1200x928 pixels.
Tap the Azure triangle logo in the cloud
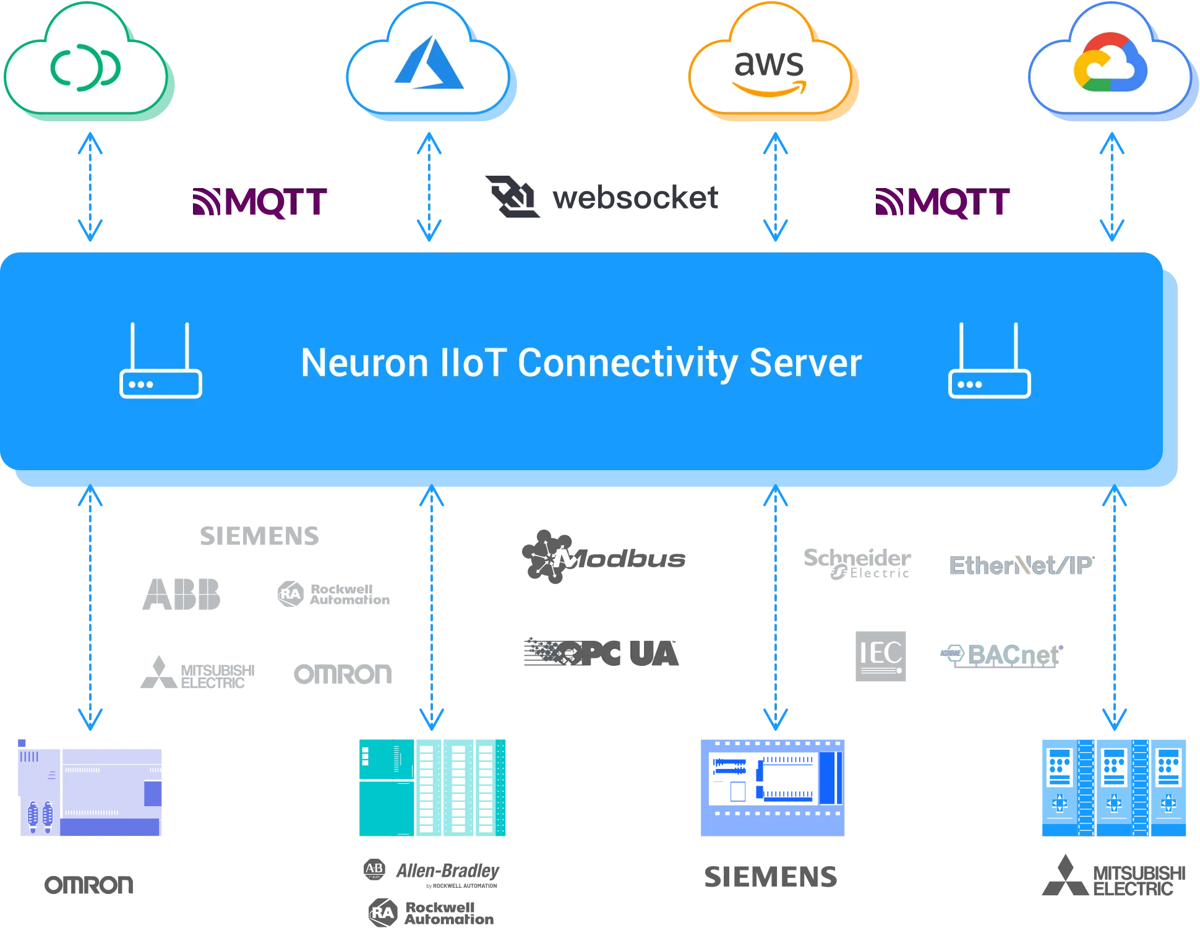(429, 63)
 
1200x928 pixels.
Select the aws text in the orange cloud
(769, 64)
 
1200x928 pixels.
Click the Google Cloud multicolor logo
(1110, 63)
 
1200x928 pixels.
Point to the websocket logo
(603, 198)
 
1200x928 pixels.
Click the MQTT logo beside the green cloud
(260, 203)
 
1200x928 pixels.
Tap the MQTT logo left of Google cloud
(943, 203)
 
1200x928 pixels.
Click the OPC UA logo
(602, 653)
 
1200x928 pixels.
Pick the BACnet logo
(1002, 656)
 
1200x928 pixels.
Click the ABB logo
(181, 594)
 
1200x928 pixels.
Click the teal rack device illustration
(432, 787)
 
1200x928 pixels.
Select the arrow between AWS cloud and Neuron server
(775, 186)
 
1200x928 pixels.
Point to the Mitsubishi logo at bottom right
(1113, 877)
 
